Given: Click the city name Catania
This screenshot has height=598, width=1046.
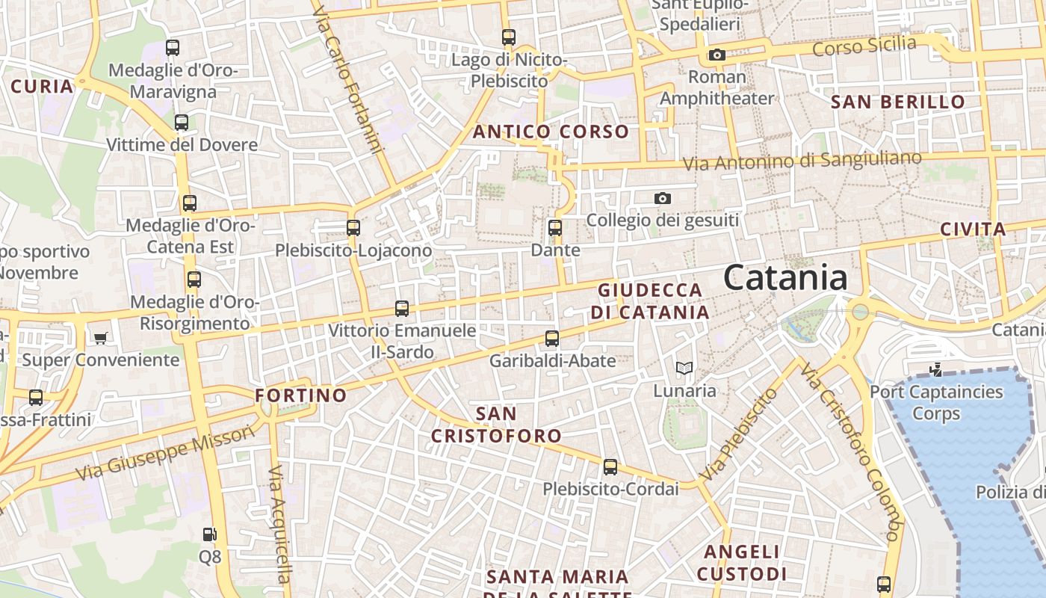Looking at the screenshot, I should click(x=785, y=278).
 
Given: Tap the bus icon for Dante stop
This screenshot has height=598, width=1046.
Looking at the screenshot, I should click(x=554, y=227).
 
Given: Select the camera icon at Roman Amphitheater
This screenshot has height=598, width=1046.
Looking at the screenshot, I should click(x=717, y=55).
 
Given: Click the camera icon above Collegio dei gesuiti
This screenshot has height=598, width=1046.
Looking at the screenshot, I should click(x=662, y=198).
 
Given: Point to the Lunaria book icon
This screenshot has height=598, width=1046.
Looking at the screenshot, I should click(x=684, y=368).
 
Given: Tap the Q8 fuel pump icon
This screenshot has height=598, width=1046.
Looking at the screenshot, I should click(x=210, y=534).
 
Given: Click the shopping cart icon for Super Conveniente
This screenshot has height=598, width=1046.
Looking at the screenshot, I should click(x=101, y=338).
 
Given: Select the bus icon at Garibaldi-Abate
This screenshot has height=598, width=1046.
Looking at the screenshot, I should click(x=552, y=339).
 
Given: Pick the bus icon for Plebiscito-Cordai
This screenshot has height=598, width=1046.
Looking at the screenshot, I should click(x=610, y=467).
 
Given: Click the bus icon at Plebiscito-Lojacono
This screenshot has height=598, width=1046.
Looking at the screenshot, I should click(x=353, y=228).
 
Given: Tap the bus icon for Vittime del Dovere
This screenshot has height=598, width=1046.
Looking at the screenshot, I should click(x=182, y=122).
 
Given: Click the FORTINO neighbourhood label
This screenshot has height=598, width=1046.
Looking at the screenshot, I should click(x=301, y=395).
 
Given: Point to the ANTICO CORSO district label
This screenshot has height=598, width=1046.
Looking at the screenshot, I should click(x=551, y=132).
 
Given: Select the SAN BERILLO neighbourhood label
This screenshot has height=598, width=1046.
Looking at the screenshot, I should click(x=898, y=102).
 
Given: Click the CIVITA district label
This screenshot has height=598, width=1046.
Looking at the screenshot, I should click(x=973, y=229).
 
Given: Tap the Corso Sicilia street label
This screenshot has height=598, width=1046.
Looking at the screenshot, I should click(x=864, y=46).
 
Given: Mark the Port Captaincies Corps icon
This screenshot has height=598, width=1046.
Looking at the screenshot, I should click(x=935, y=369).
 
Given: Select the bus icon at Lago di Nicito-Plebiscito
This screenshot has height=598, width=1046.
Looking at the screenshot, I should click(x=509, y=37).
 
